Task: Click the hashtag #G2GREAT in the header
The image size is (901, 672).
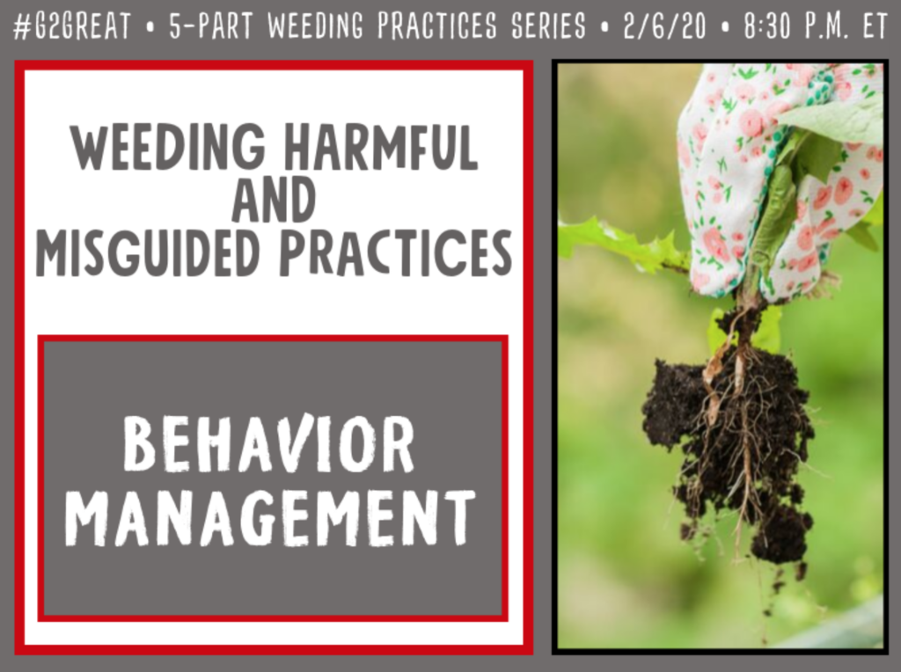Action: [72, 26]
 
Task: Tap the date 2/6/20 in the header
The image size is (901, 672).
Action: [663, 26]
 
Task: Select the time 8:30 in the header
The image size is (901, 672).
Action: [767, 26]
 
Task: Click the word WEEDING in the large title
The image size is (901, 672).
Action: [168, 147]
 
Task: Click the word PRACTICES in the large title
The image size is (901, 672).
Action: [395, 252]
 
